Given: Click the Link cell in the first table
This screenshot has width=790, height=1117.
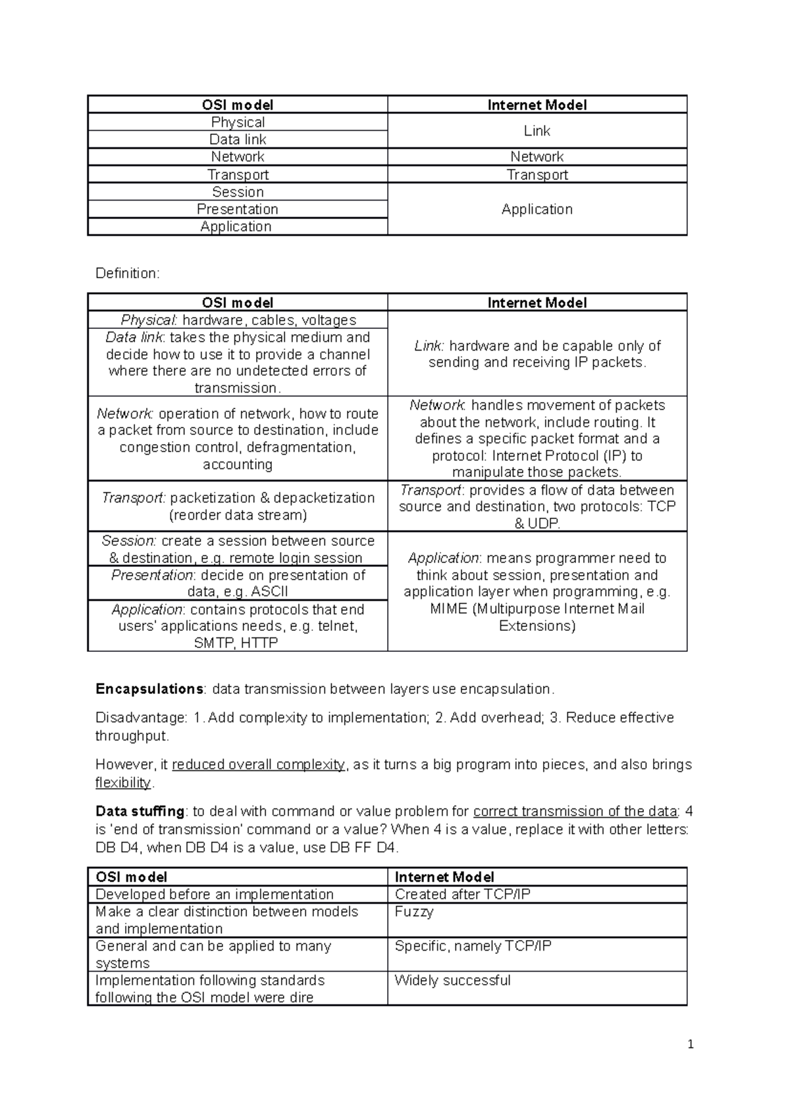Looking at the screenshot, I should pos(537,131).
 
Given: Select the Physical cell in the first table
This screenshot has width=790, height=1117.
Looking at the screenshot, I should pos(238,122).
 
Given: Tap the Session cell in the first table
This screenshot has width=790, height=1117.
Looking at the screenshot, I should pos(238,192).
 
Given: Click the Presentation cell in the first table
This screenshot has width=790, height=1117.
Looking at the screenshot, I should pos(238,209).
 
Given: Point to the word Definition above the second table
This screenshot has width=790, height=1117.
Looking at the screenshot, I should pos(127,274).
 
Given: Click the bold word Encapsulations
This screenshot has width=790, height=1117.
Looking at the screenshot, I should pos(149,689).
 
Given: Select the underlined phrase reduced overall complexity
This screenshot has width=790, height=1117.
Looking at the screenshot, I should pos(258,765).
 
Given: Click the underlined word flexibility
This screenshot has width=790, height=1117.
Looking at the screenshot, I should pos(123,783).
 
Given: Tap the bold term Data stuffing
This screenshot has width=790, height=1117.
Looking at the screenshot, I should pos(140,812).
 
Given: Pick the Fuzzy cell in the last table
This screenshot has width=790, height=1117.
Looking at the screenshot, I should pos(414,912).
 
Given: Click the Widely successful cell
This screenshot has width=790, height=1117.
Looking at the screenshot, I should pos(452,980).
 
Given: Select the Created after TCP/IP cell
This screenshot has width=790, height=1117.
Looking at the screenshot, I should pos(463,895).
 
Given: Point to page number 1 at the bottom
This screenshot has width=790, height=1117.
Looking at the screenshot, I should pos(690,1045).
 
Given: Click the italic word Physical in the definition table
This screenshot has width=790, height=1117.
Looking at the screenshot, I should pos(148,320).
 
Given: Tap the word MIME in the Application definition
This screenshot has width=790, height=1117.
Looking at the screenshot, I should pos(448,609).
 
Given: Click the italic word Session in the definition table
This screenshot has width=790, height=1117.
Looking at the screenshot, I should pos(128,541).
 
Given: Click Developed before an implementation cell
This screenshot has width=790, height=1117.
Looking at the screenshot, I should pos(215,895).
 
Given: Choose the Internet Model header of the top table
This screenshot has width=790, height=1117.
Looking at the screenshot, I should pos(537,105).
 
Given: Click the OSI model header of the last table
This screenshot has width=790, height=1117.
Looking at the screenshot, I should pos(131,878).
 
